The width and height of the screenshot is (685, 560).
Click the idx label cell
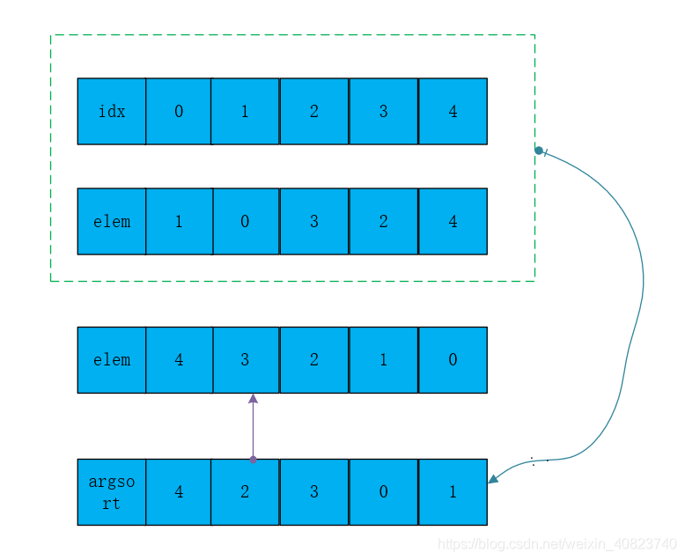click(112, 111)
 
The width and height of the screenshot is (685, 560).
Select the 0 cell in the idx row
click(179, 111)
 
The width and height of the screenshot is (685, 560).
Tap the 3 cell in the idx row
click(383, 111)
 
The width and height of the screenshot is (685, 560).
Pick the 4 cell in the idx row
click(453, 111)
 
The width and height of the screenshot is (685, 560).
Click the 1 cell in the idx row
click(245, 111)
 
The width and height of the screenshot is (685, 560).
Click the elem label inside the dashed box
click(112, 221)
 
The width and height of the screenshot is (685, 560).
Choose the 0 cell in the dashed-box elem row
click(245, 221)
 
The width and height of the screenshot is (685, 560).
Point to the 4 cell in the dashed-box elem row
click(453, 221)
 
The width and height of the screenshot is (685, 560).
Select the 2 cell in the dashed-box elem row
click(383, 221)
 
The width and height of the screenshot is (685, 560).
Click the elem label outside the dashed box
click(112, 360)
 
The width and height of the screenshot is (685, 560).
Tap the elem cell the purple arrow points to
click(245, 360)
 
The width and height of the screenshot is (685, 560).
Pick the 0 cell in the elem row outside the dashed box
click(453, 360)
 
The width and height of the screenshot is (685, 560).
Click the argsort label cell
click(112, 492)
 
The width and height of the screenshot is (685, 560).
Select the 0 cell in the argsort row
click(383, 492)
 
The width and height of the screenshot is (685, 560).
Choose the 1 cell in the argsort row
click(453, 492)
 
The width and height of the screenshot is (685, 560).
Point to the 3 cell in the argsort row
click(314, 492)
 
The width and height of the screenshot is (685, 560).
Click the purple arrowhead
click(253, 399)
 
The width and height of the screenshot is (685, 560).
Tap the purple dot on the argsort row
click(253, 459)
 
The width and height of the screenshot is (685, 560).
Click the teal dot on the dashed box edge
click(539, 151)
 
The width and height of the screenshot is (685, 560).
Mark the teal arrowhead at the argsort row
click(493, 479)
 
